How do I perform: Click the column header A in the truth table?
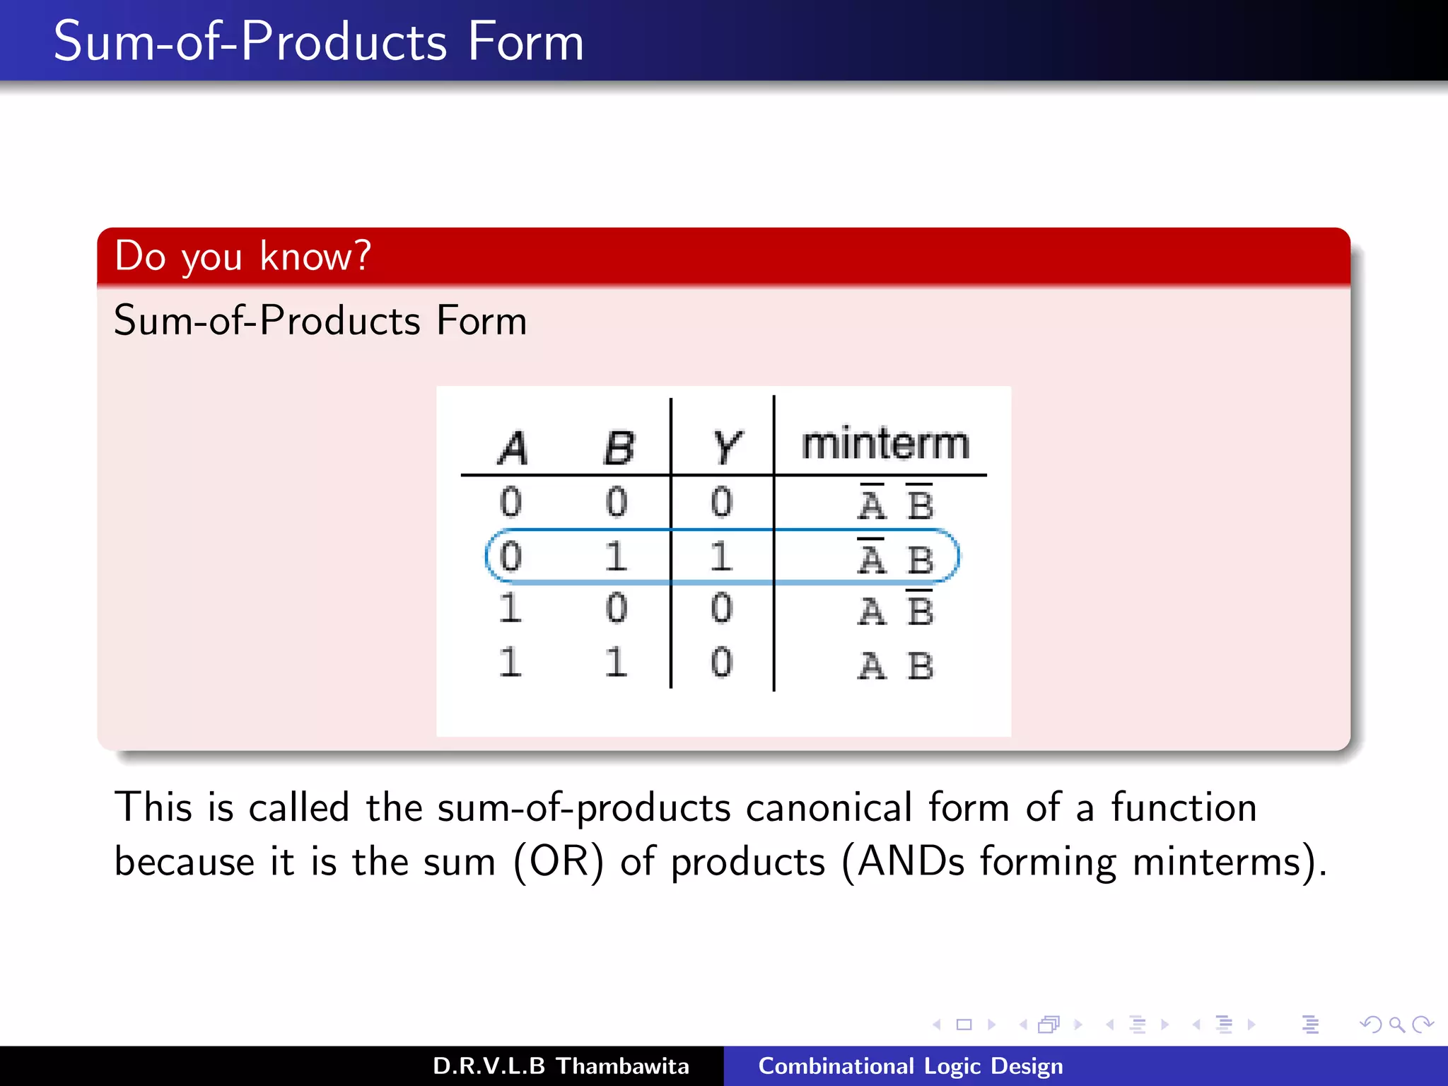pos(513,447)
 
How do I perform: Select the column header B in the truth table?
pos(619,447)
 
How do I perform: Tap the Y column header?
pos(727,447)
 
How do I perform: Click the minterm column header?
pos(884,444)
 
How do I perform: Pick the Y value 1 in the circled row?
pos(720,556)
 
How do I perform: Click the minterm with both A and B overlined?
pos(896,503)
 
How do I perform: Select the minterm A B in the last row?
pos(896,665)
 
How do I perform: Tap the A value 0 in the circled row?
pos(510,556)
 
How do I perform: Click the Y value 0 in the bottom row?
pos(721,662)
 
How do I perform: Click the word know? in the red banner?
pos(315,256)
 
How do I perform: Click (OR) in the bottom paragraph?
pos(559,862)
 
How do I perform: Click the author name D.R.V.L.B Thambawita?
pos(560,1065)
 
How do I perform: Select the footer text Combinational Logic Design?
pos(910,1065)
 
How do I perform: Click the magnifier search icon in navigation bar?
pos(1396,1024)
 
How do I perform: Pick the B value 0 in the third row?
pos(616,608)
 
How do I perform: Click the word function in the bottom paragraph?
pos(1184,807)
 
